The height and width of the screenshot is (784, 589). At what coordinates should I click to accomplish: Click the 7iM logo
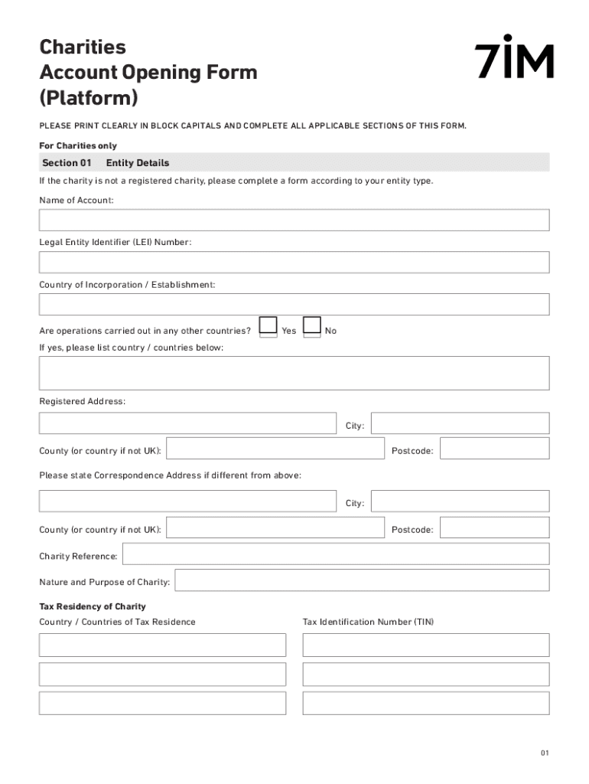pyautogui.click(x=513, y=57)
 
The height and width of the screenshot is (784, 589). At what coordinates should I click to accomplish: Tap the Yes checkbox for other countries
pyautogui.click(x=268, y=327)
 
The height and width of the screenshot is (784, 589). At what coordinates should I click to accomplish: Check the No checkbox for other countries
pyautogui.click(x=312, y=327)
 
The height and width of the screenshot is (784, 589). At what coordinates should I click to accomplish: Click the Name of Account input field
pyautogui.click(x=294, y=220)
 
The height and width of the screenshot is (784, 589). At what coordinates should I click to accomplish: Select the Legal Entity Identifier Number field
pyautogui.click(x=294, y=263)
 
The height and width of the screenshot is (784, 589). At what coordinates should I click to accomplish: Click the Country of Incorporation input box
pyautogui.click(x=294, y=305)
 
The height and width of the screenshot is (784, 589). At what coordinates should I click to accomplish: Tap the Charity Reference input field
pyautogui.click(x=335, y=554)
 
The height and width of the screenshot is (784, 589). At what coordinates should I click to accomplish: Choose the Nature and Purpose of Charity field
pyautogui.click(x=362, y=580)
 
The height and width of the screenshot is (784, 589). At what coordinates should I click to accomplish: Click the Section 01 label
pyautogui.click(x=67, y=163)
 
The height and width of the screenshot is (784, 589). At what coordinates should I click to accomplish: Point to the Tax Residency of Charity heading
pyautogui.click(x=93, y=606)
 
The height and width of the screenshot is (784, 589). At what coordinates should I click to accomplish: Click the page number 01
pyautogui.click(x=544, y=753)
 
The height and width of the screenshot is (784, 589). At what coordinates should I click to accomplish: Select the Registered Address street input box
pyautogui.click(x=187, y=423)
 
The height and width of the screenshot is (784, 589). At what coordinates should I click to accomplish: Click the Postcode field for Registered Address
pyautogui.click(x=494, y=449)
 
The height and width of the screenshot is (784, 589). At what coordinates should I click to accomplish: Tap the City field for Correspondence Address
pyautogui.click(x=460, y=501)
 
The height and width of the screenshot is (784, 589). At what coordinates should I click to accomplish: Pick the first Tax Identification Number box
pyautogui.click(x=425, y=645)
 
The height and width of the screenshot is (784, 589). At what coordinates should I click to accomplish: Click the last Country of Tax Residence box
pyautogui.click(x=162, y=703)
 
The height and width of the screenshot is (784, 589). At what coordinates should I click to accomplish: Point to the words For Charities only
pyautogui.click(x=78, y=145)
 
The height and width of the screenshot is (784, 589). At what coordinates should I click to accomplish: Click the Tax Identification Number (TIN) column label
pyautogui.click(x=368, y=622)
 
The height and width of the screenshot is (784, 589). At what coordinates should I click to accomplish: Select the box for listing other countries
pyautogui.click(x=294, y=373)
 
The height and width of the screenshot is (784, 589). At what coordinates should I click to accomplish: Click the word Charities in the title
pyautogui.click(x=83, y=47)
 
